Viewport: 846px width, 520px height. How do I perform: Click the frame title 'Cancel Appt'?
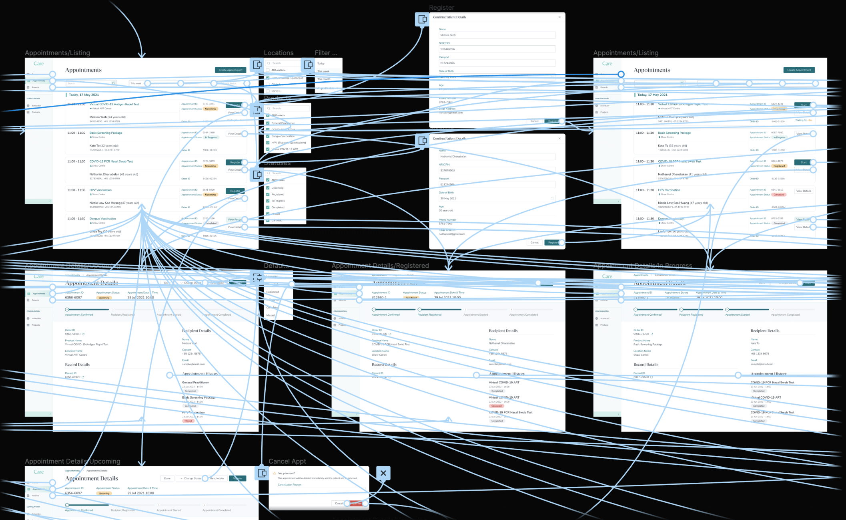(287, 462)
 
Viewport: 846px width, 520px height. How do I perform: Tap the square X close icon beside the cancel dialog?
(383, 473)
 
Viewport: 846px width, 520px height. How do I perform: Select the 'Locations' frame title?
(279, 53)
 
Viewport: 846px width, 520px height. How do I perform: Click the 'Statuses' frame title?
(277, 163)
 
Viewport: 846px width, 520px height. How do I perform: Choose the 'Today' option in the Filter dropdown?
(321, 64)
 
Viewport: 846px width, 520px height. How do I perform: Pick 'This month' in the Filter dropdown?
(324, 79)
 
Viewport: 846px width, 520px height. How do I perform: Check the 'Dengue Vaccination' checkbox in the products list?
(268, 136)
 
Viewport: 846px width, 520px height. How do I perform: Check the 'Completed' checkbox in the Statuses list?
(268, 207)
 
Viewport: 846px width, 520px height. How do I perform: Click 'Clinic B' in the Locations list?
(275, 91)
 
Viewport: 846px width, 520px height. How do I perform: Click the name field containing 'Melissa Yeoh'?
(496, 35)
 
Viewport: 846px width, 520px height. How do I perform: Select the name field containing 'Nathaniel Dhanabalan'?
(496, 157)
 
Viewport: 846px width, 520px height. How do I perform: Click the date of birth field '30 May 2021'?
(496, 199)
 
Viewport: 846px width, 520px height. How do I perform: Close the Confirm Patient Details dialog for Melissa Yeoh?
(559, 17)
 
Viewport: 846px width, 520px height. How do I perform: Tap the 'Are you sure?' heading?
(286, 473)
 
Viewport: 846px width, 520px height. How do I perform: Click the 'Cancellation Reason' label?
(289, 485)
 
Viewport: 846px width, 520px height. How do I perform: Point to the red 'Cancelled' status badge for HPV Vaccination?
(778, 195)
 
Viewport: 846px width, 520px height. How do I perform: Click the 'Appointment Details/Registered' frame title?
(380, 266)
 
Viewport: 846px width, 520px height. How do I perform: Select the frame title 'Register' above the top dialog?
(441, 8)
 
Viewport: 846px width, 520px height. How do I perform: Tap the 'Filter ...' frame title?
(326, 53)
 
